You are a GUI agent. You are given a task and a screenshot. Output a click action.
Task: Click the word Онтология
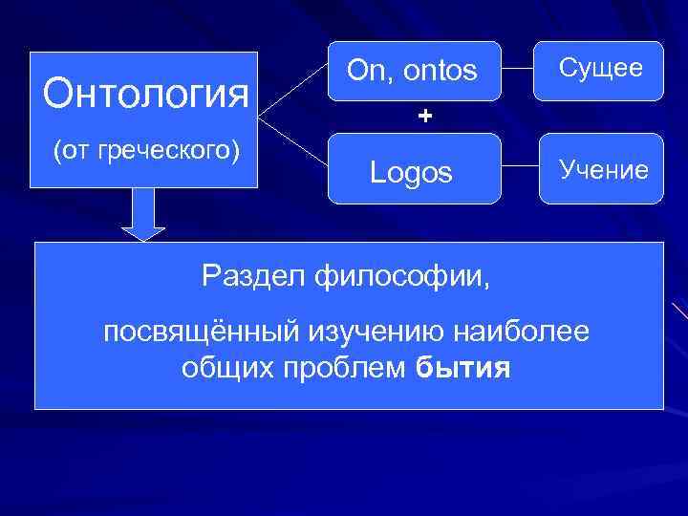pyautogui.click(x=146, y=94)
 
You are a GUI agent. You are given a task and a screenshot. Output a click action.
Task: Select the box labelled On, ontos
pyautogui.click(x=414, y=71)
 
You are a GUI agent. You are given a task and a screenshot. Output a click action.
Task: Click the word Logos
pyautogui.click(x=412, y=173)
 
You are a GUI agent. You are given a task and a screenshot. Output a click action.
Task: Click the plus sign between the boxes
pyautogui.click(x=424, y=117)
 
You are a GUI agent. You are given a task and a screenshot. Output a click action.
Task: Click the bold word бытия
pyautogui.click(x=463, y=369)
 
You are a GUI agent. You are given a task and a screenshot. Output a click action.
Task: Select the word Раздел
pyautogui.click(x=244, y=277)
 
